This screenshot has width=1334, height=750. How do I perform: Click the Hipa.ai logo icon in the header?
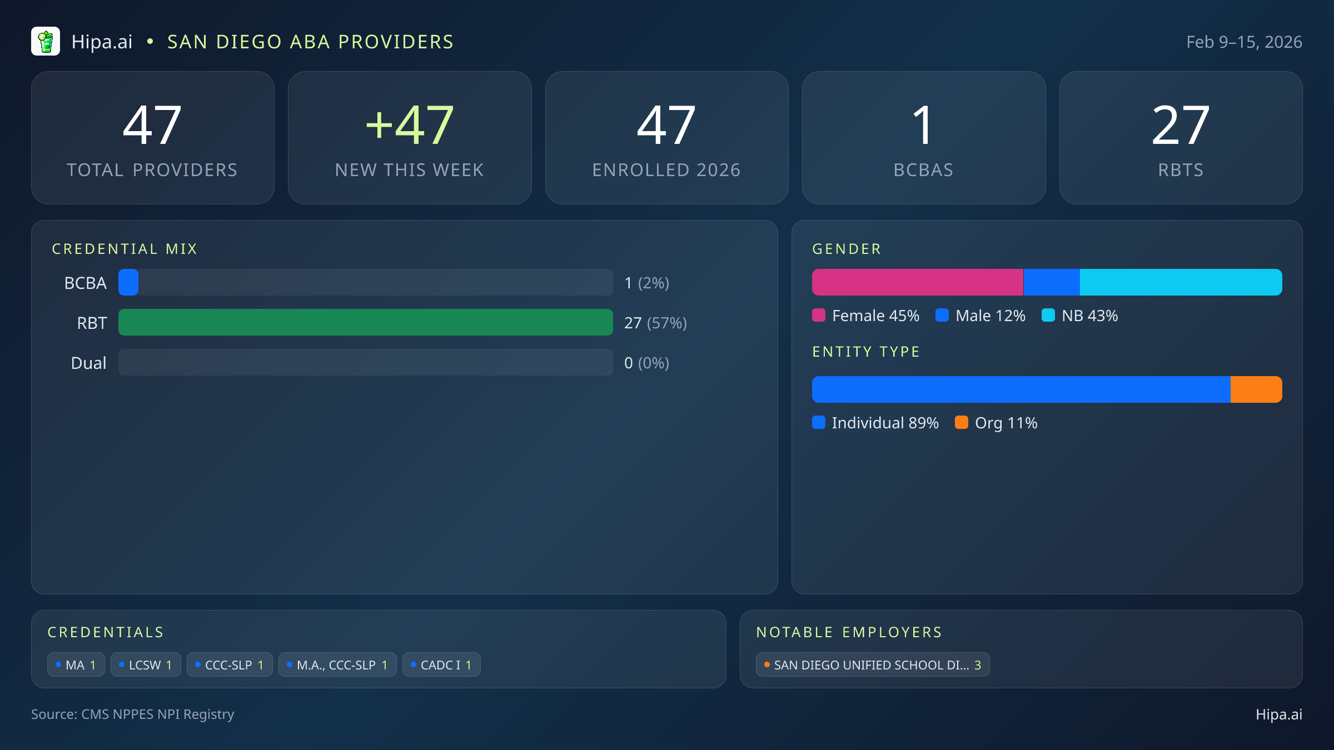pos(46,42)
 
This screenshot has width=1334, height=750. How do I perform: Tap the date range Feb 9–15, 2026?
pos(1244,42)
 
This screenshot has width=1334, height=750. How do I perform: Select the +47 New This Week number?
pos(410,126)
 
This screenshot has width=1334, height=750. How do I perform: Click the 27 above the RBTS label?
pos(1181,126)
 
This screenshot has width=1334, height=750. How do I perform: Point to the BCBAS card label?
pos(923,170)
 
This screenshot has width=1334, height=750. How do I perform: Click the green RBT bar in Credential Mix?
pos(365,322)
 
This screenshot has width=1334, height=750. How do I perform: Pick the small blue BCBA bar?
pos(128,282)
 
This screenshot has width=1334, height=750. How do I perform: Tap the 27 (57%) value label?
pos(655,323)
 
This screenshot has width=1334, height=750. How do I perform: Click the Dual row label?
pos(88,363)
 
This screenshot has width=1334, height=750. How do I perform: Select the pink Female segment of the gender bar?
pos(917,282)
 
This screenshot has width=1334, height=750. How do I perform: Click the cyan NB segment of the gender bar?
pos(1181,282)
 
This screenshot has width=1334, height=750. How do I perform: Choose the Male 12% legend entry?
pos(981,316)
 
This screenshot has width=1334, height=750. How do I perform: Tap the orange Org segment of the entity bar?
pos(1256,389)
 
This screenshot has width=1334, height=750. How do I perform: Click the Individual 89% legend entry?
pos(876,423)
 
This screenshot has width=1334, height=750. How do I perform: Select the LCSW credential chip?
pos(146,665)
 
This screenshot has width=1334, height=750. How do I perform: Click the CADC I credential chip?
pos(441,665)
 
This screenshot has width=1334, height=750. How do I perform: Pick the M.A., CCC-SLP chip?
pos(337,665)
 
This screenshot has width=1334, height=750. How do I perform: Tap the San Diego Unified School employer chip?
pos(872,665)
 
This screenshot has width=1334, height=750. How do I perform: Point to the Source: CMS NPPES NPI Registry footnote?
pos(133,714)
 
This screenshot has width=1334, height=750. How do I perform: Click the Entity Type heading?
pos(866,352)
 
